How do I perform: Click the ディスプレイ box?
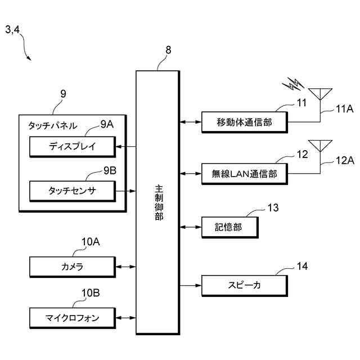(x=73, y=147)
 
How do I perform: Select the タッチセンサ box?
(x=73, y=191)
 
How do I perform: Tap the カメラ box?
(x=73, y=267)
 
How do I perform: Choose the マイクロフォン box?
(x=73, y=318)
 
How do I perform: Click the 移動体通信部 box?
(x=245, y=122)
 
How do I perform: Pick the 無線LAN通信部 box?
(x=245, y=174)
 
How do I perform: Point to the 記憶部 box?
(x=230, y=227)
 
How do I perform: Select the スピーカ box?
(x=245, y=286)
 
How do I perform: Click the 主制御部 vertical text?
(x=159, y=202)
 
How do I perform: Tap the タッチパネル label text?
(x=52, y=126)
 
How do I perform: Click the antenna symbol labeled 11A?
(x=320, y=94)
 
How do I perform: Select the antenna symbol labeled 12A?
(x=320, y=146)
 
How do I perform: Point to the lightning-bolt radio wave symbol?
(x=293, y=84)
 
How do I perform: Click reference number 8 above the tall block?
(x=168, y=50)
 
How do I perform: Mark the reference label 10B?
(x=91, y=293)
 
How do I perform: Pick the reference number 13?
(x=273, y=208)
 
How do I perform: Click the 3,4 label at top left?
(x=12, y=30)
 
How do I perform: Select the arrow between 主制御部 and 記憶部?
(x=191, y=227)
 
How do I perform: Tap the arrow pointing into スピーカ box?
(x=191, y=285)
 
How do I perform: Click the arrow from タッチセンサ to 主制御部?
(x=126, y=191)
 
